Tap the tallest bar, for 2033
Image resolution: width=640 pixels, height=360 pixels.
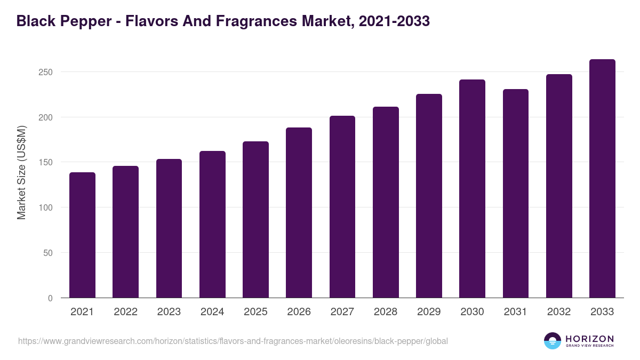point(602,179)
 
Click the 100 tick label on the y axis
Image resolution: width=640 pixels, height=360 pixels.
point(46,207)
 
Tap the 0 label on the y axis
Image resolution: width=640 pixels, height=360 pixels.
point(50,298)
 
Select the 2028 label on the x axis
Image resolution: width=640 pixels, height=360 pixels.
point(386,312)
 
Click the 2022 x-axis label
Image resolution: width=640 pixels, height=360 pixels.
point(125,312)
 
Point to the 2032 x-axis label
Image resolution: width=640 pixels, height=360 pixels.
point(559,312)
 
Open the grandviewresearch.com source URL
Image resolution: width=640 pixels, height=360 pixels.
point(233,341)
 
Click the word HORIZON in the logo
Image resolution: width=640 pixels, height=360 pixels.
point(589,338)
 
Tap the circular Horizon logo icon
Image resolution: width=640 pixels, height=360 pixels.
point(553,341)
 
